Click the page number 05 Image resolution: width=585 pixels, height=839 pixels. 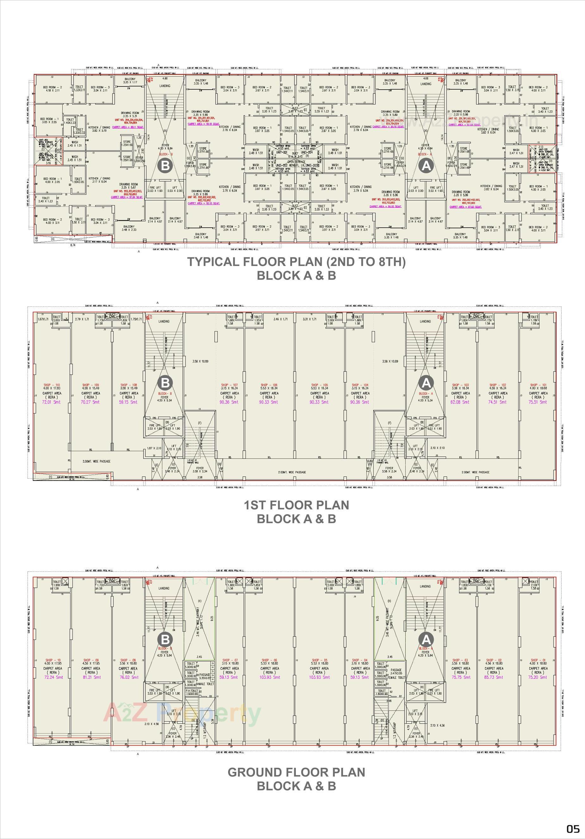pyautogui.click(x=573, y=829)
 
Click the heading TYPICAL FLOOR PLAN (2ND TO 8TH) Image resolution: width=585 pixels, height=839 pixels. pyautogui.click(x=296, y=262)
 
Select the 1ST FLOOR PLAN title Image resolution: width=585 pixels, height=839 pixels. pyautogui.click(x=296, y=505)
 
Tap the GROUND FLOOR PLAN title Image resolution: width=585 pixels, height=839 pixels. pyautogui.click(x=296, y=772)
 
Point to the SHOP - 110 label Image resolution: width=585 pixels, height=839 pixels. pyautogui.click(x=52, y=385)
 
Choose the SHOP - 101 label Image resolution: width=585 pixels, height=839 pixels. pyautogui.click(x=538, y=385)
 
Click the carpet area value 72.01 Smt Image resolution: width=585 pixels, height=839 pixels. pyautogui.click(x=52, y=402)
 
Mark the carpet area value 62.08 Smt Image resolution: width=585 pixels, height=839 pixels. pyautogui.click(x=460, y=402)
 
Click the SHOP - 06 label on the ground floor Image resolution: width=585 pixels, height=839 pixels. pyautogui.click(x=269, y=660)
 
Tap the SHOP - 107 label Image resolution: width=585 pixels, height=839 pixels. pyautogui.click(x=229, y=385)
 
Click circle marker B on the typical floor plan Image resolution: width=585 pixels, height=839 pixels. pyautogui.click(x=165, y=166)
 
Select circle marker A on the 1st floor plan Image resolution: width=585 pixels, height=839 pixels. pyautogui.click(x=426, y=383)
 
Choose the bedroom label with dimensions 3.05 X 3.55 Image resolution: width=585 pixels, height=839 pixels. pyautogui.click(x=49, y=121)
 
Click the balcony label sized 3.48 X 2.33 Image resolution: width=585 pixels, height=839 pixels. pyautogui.click(x=129, y=228)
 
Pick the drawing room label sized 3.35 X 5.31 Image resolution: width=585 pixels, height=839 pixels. pyautogui.click(x=130, y=115)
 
